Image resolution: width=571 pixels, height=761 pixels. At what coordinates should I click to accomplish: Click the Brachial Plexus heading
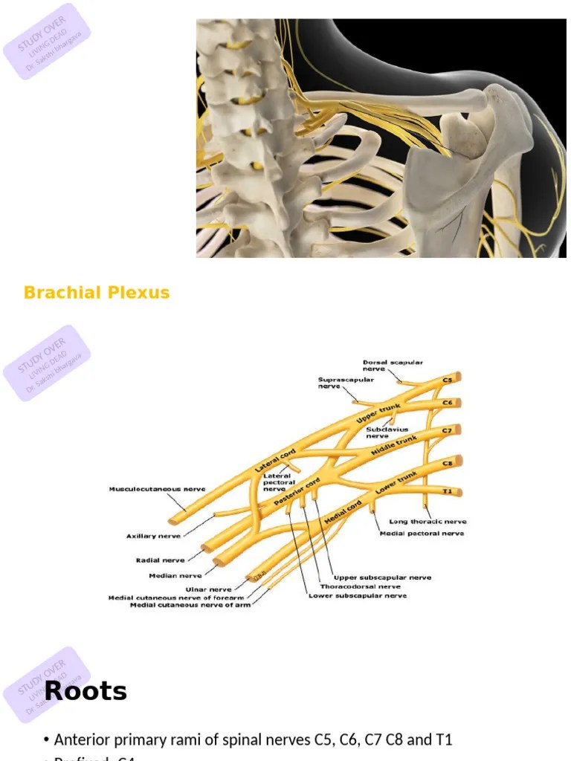click(x=97, y=293)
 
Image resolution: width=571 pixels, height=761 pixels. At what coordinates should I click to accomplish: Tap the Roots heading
click(x=86, y=691)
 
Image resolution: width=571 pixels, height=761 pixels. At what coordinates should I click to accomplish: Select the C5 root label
click(x=448, y=380)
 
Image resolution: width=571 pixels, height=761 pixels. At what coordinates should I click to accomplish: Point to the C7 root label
click(x=448, y=430)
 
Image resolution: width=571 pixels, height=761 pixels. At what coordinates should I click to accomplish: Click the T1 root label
click(x=448, y=491)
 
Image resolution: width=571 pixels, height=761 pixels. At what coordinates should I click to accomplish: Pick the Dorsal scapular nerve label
click(x=393, y=366)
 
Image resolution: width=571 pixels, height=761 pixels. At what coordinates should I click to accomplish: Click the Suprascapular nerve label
click(x=346, y=383)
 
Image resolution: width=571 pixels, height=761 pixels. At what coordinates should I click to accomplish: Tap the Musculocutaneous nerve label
click(x=157, y=489)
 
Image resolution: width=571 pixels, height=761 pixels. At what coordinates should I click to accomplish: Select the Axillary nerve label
click(x=153, y=535)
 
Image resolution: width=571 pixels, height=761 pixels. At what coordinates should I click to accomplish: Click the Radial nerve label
click(x=160, y=560)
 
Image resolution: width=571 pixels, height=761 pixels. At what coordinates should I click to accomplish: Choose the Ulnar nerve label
click(x=210, y=589)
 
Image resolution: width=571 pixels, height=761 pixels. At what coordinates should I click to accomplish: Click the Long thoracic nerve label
click(x=428, y=522)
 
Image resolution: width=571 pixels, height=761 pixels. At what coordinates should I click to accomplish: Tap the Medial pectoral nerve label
click(x=422, y=533)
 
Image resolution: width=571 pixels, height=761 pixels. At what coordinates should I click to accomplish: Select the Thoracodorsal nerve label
click(x=360, y=586)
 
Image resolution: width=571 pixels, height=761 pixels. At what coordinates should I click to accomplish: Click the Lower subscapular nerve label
click(x=358, y=595)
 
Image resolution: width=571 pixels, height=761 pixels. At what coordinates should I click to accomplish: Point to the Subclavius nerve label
click(x=387, y=433)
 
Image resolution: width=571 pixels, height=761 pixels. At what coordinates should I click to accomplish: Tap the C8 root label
click(x=448, y=462)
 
